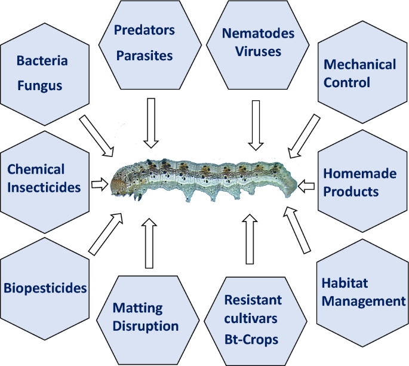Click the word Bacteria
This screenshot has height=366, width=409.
point(42,61)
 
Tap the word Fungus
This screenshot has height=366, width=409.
point(39,85)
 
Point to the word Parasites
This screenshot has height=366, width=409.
point(144,56)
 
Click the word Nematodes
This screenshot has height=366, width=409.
point(258,33)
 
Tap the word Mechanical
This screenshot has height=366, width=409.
point(359,64)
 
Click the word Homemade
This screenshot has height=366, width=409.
point(359,173)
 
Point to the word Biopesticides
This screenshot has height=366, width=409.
point(45,288)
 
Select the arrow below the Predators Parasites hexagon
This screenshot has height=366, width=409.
point(150,122)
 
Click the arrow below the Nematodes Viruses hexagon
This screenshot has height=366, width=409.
point(256,125)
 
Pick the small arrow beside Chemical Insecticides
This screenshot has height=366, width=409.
point(97,184)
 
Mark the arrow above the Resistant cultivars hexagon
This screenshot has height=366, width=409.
point(250,240)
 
